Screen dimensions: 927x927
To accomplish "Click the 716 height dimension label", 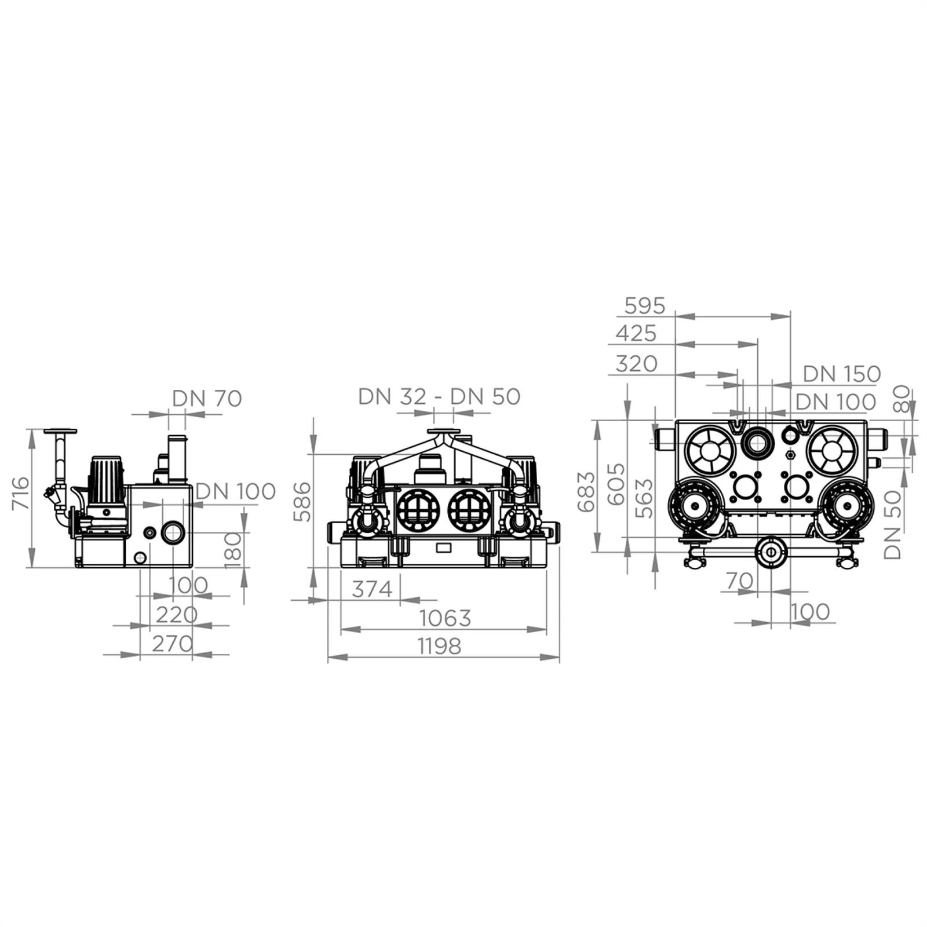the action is (20, 493).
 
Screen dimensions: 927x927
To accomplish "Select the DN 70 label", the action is (207, 399).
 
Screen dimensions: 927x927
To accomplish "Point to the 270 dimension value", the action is (172, 643).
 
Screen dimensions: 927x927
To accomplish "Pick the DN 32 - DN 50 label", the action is (439, 396).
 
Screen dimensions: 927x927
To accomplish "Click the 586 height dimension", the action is (302, 502).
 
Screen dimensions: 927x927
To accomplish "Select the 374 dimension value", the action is (373, 589).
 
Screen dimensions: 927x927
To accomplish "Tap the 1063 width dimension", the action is (445, 618).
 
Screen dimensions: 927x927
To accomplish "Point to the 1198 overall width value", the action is (439, 645).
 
